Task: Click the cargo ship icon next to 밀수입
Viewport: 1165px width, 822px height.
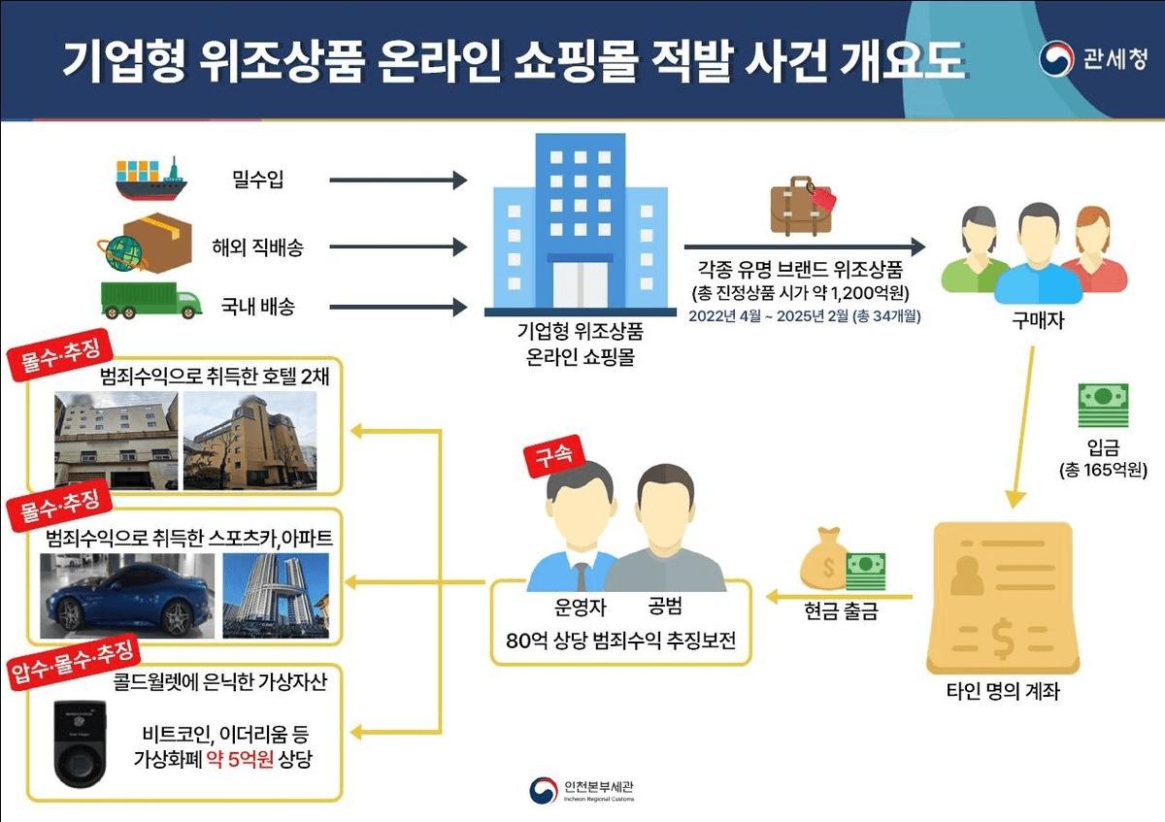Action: [150, 178]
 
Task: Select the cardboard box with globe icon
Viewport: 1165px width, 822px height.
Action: [143, 243]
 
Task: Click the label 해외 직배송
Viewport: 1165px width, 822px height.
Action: [257, 247]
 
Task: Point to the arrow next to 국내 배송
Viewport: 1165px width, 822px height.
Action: [398, 308]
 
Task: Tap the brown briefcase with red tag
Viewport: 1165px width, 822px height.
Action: [802, 205]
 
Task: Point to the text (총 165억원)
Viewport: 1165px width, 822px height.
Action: [1103, 472]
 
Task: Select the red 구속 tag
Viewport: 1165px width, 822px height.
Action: [548, 458]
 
